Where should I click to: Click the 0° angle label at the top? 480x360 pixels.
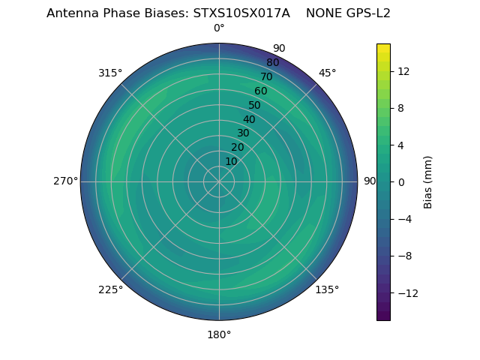(219, 28)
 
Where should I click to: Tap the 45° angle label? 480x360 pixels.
(327, 73)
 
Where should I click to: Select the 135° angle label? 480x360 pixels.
(327, 289)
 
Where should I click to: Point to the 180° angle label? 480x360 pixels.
(219, 334)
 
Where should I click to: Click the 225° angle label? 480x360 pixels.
(110, 289)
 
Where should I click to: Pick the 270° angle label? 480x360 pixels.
(65, 181)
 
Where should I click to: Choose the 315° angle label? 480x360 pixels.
(110, 73)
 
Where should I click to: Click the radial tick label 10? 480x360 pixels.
(231, 161)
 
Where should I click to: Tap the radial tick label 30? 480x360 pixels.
(243, 133)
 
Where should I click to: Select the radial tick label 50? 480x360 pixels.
(255, 106)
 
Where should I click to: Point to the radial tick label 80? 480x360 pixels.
(273, 63)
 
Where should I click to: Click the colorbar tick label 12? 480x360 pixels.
(403, 71)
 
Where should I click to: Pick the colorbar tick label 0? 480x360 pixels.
(400, 181)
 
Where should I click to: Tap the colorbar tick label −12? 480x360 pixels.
(407, 292)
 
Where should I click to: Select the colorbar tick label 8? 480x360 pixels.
(400, 108)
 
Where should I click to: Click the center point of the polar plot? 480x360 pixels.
(219, 181)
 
